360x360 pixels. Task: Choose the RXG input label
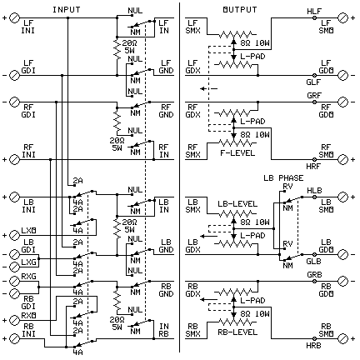click(x=30, y=276)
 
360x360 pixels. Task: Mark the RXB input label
click(x=30, y=316)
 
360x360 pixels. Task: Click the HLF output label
click(x=313, y=9)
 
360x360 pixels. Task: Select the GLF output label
click(x=313, y=81)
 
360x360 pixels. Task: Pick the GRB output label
click(x=313, y=275)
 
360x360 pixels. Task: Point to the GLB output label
click(x=313, y=261)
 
